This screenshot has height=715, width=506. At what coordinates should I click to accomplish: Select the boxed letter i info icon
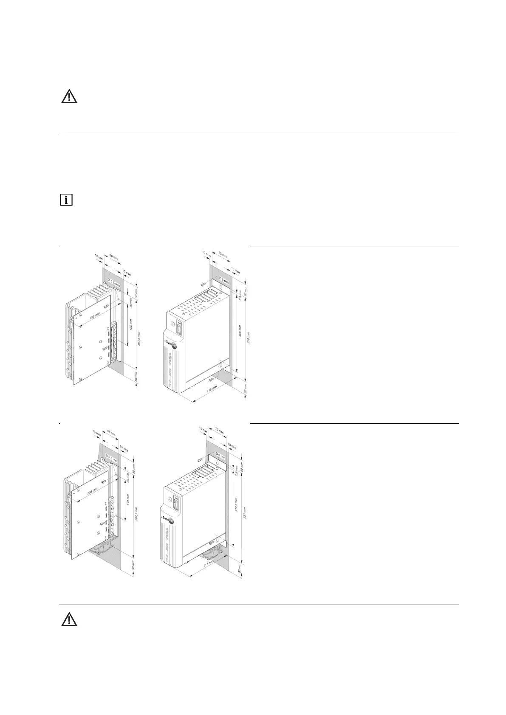pos(66,200)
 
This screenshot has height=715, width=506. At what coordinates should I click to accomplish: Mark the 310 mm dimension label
pos(249,338)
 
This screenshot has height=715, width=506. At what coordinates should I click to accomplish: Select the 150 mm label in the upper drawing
pos(130,327)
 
